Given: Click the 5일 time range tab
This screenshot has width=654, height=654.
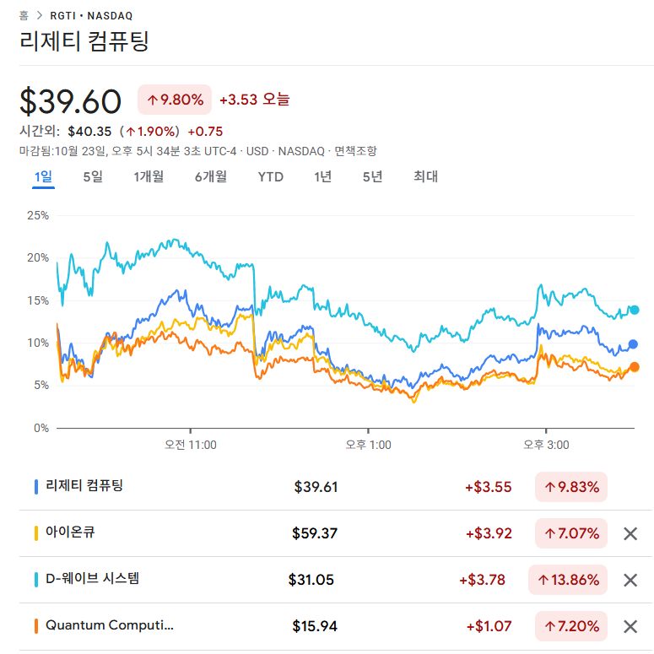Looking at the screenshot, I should point(93,176).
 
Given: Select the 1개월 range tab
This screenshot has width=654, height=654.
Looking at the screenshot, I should point(149,176).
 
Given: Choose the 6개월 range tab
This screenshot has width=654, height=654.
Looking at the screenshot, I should point(210,176).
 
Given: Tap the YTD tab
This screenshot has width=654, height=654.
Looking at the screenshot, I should point(270,176).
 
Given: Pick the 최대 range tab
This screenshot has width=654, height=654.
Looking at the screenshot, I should point(425,176).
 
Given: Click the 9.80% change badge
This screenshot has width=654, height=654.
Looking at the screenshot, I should point(175,100).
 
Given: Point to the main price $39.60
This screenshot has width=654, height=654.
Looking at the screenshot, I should point(71,101).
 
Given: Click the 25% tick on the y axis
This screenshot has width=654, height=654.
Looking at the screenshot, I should point(38,215).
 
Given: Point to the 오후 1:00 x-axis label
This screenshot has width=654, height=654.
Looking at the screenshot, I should point(369,445).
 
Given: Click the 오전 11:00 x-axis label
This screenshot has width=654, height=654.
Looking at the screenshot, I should point(191,445).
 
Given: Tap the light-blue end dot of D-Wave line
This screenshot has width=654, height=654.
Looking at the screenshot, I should point(635,310).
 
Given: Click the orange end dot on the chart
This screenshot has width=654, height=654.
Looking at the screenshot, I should point(635,367).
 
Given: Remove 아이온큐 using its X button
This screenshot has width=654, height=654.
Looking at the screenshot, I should point(630,533).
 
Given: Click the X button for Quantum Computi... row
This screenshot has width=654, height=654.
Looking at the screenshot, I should point(630,626).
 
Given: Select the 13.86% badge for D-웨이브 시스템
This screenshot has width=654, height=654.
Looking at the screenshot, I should point(567,580).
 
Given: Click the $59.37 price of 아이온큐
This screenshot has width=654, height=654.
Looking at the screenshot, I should point(315,533).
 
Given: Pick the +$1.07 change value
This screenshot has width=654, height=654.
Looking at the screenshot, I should point(489,626).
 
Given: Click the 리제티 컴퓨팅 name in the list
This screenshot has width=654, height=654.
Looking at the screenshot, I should point(84,486).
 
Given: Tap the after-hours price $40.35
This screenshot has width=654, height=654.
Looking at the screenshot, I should point(89,131).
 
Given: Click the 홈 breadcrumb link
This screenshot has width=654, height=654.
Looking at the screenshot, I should point(24,15).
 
